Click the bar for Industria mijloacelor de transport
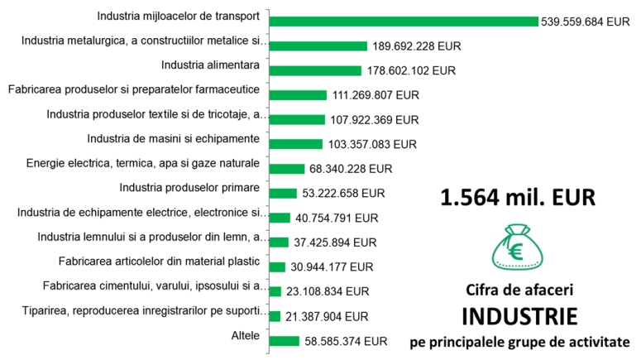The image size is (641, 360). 404,22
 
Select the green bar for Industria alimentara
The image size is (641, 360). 315,70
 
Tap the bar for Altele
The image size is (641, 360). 284,340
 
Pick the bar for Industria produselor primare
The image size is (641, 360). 283,194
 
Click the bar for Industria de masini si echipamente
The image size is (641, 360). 296,144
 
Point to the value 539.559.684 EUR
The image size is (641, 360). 586,22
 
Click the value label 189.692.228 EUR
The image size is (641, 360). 416,46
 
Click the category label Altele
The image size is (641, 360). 246,335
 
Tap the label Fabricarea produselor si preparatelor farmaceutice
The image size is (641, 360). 133,89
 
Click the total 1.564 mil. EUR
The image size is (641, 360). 517,198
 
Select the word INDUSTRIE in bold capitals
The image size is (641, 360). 518,316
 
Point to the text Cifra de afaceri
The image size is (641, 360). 518,290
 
